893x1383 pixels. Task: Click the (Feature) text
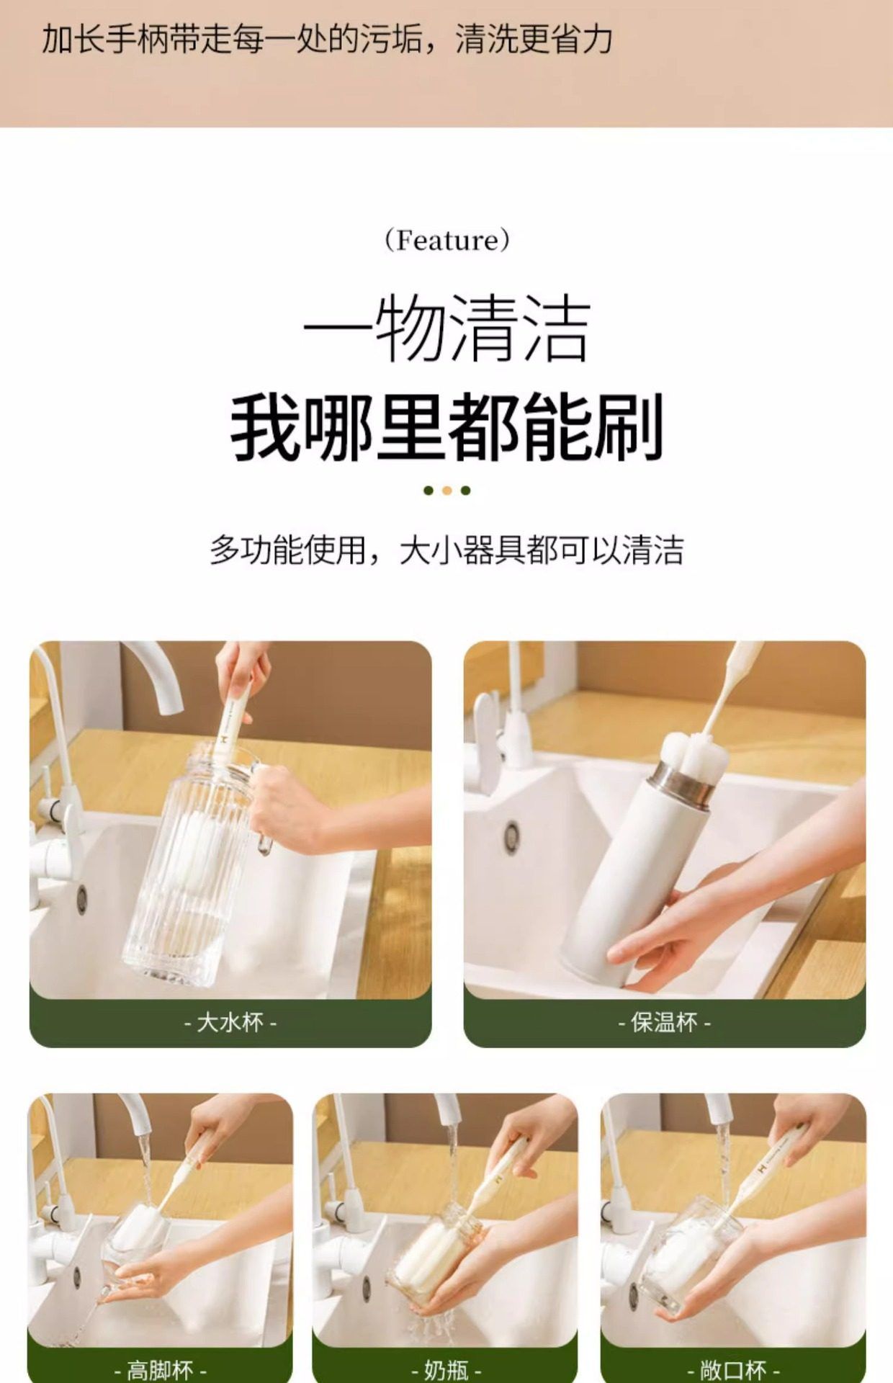click(447, 240)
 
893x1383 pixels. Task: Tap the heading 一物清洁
click(447, 330)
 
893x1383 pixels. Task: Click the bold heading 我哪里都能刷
click(447, 426)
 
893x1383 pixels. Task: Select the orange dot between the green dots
click(447, 491)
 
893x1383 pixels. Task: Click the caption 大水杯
click(230, 1022)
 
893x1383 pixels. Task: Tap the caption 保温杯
click(664, 1022)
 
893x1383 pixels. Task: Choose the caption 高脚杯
click(160, 1369)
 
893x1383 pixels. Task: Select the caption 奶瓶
click(447, 1369)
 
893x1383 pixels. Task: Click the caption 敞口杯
click(733, 1369)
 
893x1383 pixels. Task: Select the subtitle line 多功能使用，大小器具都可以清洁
click(447, 550)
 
